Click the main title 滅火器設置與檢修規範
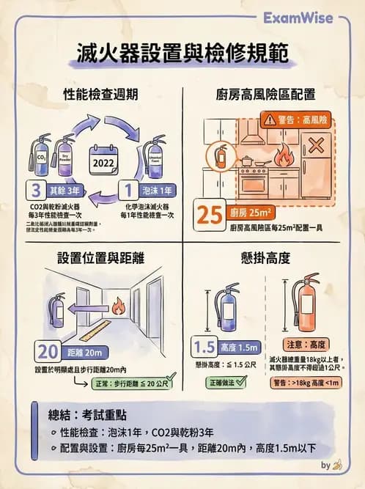tap(182, 54)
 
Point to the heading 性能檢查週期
tap(100, 95)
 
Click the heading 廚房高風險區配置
tap(265, 95)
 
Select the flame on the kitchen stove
tap(283, 155)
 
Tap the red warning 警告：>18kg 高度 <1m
tap(306, 382)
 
